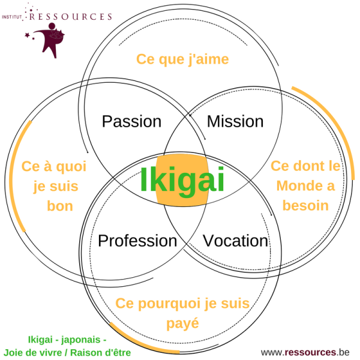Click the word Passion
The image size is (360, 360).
[x=131, y=122]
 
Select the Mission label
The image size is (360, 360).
[x=235, y=122]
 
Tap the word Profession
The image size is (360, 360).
[x=137, y=241]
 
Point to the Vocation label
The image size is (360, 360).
[x=235, y=241]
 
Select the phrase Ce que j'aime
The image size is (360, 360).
[x=182, y=59]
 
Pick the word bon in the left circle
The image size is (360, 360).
[x=59, y=206]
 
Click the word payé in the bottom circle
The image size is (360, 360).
[x=182, y=323]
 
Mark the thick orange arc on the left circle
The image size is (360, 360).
[x=17, y=180]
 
